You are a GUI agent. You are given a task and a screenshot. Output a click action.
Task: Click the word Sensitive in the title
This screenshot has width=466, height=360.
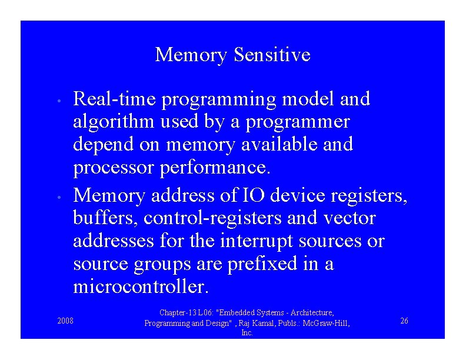coord(272,55)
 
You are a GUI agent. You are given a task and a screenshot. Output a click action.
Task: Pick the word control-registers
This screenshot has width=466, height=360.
coord(214,218)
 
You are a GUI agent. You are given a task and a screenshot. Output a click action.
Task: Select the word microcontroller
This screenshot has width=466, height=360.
coord(141,287)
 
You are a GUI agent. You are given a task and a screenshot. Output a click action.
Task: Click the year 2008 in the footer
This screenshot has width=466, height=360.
coord(65,321)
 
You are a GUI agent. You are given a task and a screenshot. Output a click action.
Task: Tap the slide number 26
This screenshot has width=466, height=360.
coord(404,321)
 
